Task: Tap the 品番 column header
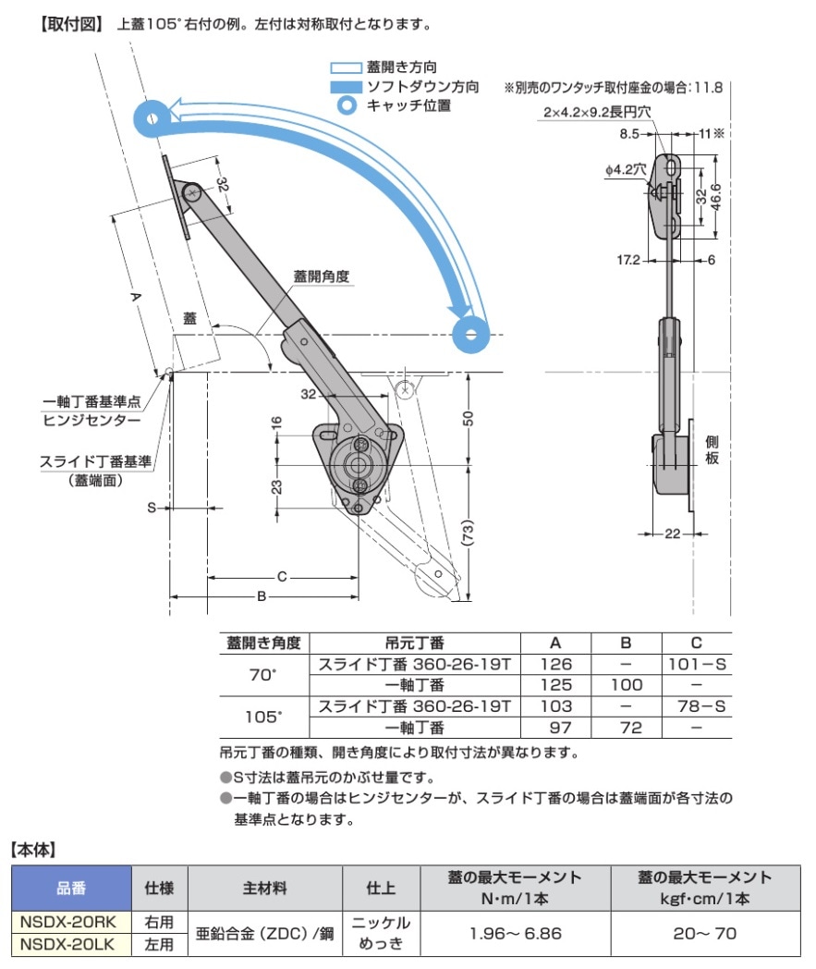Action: pos(70,889)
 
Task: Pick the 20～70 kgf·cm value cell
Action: pos(705,933)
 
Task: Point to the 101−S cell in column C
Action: pos(696,664)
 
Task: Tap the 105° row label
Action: pos(263,718)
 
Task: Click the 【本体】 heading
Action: pos(35,847)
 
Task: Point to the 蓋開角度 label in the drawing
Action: pos(321,276)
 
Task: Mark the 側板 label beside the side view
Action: pos(712,450)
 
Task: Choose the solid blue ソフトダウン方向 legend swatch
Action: pos(346,87)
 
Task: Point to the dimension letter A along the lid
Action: pos(135,297)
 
